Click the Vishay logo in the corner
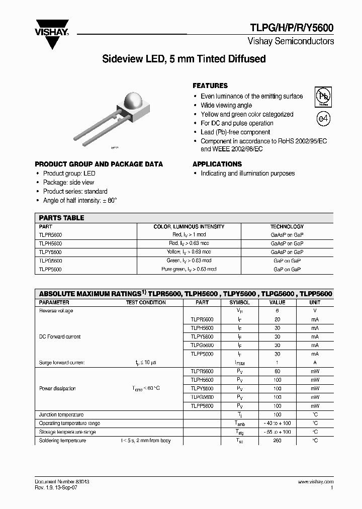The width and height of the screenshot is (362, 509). [51, 31]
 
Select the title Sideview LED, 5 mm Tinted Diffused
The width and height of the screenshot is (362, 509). [184, 59]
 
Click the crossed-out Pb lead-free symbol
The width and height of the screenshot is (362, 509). [323, 96]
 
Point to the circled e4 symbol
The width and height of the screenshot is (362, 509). [323, 119]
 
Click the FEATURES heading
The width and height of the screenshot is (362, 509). [210, 86]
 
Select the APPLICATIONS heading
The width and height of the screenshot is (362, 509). [217, 164]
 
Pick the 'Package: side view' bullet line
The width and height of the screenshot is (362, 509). [68, 182]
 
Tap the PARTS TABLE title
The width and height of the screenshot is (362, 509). [61, 218]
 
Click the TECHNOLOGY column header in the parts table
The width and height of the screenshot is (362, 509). [287, 226]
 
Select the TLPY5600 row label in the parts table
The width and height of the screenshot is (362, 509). [50, 251]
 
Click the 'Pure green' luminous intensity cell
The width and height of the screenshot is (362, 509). [189, 269]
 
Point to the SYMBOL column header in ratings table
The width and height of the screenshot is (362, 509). [239, 302]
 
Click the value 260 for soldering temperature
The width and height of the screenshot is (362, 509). [277, 441]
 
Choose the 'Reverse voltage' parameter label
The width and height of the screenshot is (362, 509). [56, 311]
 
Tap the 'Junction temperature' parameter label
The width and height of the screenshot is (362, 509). [61, 414]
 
